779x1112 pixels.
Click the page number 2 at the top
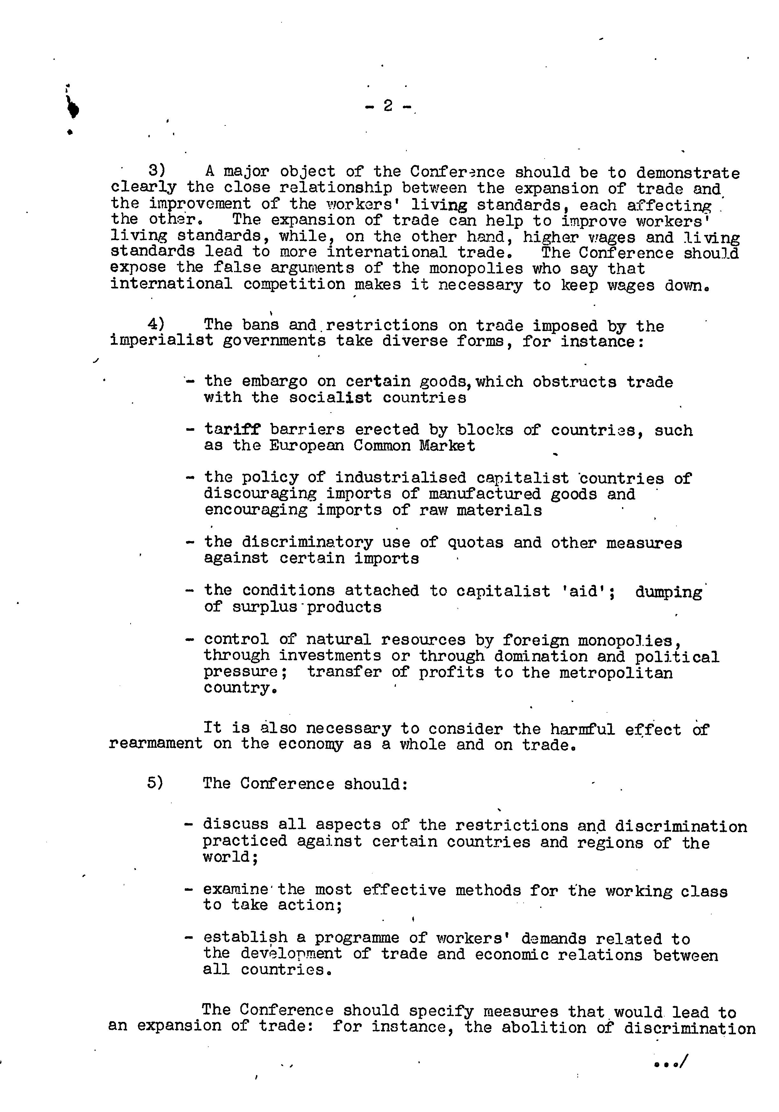coord(388,106)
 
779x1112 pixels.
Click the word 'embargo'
coord(274,382)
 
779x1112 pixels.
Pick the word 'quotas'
coord(475,542)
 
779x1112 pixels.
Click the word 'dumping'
coord(668,592)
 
